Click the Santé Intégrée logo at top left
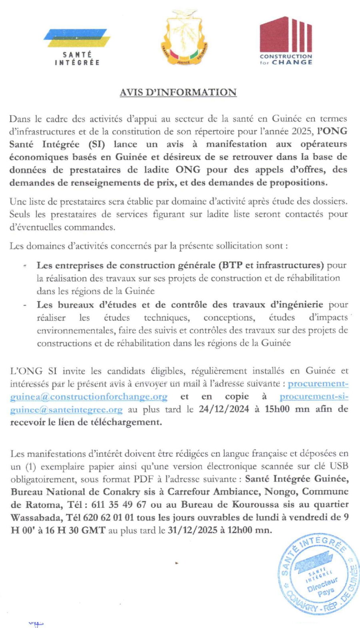(77, 47)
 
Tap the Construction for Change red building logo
(286, 40)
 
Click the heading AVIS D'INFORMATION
(178, 92)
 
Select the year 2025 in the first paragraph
(302, 131)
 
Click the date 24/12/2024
(224, 409)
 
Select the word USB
(339, 466)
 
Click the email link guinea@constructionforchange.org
(88, 397)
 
